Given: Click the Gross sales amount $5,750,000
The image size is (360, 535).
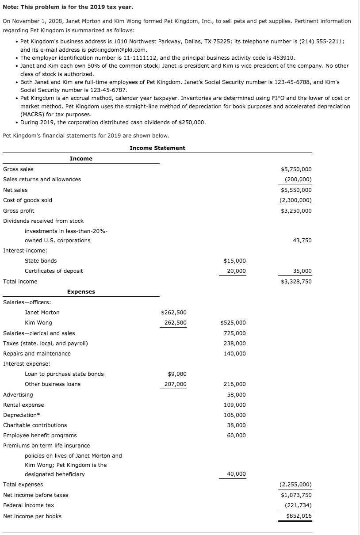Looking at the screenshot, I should tap(296, 169).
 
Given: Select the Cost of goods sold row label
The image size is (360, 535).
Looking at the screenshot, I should tap(27, 200).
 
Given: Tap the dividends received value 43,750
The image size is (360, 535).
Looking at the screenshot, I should tap(302, 241).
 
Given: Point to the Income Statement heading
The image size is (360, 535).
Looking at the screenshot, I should tap(157, 148).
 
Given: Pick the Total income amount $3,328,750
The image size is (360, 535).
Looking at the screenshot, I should tap(296, 282).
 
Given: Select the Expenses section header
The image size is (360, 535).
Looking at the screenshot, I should tap(81, 292).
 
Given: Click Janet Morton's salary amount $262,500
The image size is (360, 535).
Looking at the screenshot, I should tap(173, 313).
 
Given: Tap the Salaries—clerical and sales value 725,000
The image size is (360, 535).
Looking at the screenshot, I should tap(235, 333).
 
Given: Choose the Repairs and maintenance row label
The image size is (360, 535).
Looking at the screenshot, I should tap(37, 354).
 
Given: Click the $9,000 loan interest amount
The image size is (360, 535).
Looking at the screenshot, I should tap(177, 374).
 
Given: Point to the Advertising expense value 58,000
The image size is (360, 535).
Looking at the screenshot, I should tap(237, 395).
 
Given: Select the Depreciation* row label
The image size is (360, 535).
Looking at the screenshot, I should tap(21, 415).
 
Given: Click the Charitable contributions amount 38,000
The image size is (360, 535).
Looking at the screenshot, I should tap(237, 425).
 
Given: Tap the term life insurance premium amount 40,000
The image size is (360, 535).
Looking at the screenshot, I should tap(237, 474).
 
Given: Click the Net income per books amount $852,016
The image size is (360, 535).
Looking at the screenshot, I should tap(299, 516).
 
